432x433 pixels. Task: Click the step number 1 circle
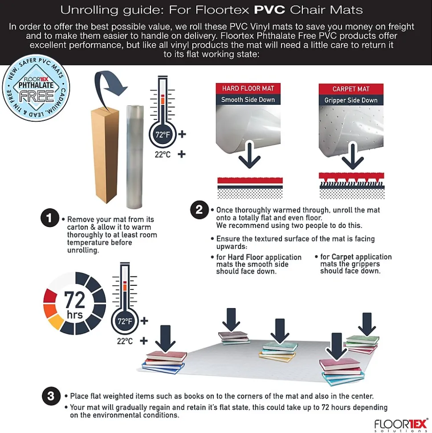pyautogui.click(x=49, y=218)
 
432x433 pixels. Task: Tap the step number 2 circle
pyautogui.click(x=200, y=210)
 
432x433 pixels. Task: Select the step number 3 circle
pyautogui.click(x=51, y=396)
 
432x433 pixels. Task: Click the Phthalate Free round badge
pyautogui.click(x=36, y=88)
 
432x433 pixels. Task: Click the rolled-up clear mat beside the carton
pyautogui.click(x=135, y=157)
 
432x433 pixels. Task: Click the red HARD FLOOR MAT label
pyautogui.click(x=248, y=88)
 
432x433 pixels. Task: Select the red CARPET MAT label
pyautogui.click(x=351, y=89)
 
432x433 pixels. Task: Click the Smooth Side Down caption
pyautogui.click(x=248, y=100)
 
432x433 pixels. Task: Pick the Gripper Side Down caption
pyautogui.click(x=351, y=100)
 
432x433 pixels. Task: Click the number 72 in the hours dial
pyautogui.click(x=74, y=300)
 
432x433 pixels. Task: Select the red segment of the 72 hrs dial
pyautogui.click(x=50, y=296)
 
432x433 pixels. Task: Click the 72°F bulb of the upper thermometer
pyautogui.click(x=163, y=135)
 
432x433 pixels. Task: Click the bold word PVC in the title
pyautogui.click(x=269, y=10)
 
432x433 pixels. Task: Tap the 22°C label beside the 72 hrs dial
pyautogui.click(x=125, y=341)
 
